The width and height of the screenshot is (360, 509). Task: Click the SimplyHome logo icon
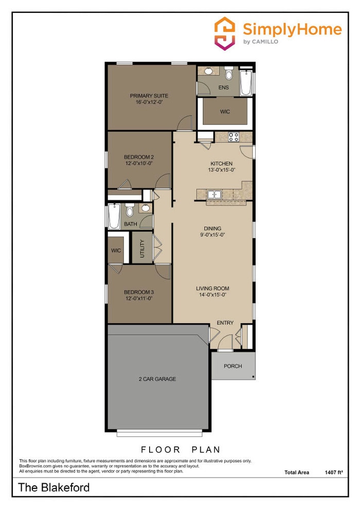224,33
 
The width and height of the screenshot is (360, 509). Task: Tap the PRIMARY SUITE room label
149,96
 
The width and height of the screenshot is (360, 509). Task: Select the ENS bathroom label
223,88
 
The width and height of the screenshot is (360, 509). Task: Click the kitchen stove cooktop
233,137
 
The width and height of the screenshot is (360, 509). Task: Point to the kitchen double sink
214,194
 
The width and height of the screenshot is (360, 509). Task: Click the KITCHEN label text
221,163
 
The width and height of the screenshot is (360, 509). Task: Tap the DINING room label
212,228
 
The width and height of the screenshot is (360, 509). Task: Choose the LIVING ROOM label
212,288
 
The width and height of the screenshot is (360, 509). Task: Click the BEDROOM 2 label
139,157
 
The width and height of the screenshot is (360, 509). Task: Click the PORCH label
233,366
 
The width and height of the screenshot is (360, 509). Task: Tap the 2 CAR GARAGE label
157,379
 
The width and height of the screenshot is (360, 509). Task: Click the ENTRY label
225,323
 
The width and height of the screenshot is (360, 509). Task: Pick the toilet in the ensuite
229,75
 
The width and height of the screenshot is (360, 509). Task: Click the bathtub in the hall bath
113,216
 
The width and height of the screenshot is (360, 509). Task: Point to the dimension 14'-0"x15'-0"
212,295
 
